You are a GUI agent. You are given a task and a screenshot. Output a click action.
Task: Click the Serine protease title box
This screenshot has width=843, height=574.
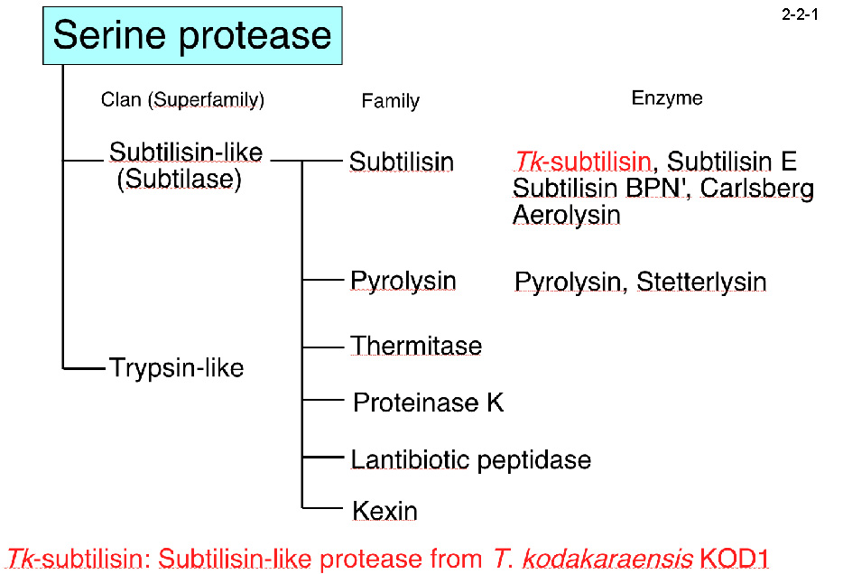click(192, 36)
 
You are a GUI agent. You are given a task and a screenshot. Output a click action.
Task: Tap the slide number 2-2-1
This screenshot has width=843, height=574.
click(800, 16)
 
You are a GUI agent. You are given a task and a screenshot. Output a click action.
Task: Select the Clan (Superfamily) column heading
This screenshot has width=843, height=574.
click(182, 100)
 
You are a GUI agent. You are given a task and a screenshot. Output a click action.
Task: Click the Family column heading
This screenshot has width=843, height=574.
click(390, 101)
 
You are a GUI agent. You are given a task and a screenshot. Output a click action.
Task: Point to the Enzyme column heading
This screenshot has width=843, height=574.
click(667, 98)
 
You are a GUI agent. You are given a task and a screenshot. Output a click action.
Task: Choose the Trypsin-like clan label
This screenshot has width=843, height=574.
click(176, 368)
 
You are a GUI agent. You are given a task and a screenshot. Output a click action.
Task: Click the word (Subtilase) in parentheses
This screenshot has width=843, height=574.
click(180, 179)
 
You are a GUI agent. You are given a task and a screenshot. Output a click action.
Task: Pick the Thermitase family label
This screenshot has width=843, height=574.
click(416, 346)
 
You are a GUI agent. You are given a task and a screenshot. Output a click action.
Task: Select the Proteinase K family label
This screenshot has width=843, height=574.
click(428, 403)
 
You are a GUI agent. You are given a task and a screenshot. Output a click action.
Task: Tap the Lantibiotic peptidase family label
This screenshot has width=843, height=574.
click(470, 459)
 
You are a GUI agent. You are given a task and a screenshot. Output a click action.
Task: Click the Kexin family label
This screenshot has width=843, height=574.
click(384, 512)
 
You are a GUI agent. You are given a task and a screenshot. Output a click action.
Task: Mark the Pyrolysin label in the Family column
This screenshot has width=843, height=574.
click(403, 281)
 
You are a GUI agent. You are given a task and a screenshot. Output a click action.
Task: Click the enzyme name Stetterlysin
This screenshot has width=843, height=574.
click(701, 282)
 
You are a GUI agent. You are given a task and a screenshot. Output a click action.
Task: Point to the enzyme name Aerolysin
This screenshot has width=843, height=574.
click(566, 215)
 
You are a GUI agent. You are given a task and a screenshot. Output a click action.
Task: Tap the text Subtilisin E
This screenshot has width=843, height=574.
click(732, 162)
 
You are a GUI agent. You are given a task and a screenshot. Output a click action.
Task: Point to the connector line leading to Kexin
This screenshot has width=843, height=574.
click(325, 508)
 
